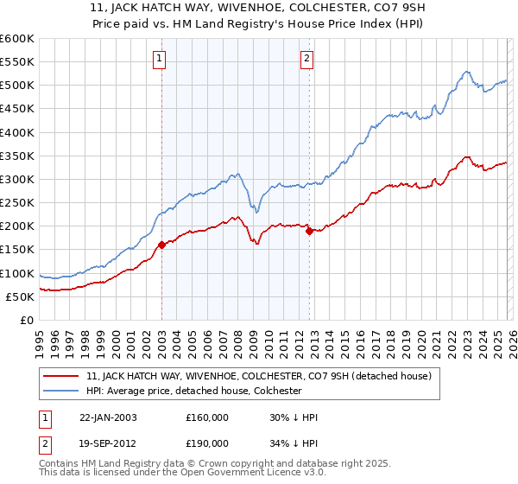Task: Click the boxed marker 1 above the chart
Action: tap(161, 59)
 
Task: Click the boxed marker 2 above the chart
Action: tap(307, 59)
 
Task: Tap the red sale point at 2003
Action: tap(161, 245)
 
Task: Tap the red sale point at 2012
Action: tap(309, 231)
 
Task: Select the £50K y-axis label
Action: tap(20, 296)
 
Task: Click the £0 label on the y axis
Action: tap(27, 320)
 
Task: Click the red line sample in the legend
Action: tap(63, 376)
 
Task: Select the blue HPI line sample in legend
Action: tap(63, 391)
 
